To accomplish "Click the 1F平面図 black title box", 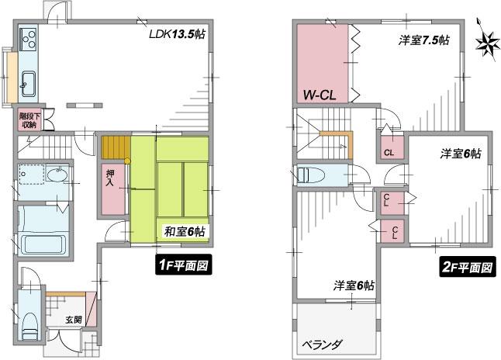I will coord(184,267).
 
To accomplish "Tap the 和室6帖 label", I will coord(184,231).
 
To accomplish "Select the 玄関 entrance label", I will coord(74,319).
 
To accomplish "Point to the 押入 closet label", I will coord(109,181).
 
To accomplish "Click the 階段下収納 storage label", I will coord(29,119).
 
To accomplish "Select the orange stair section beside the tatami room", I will coord(115,147).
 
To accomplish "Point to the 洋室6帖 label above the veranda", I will coord(354,286).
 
